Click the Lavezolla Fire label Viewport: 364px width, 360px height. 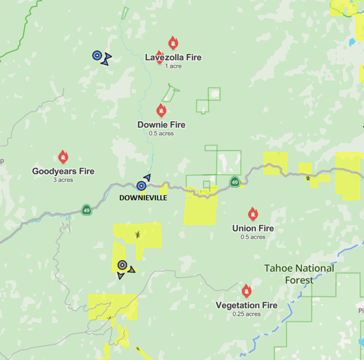tap(173, 58)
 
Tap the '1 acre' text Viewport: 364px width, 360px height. tap(173, 66)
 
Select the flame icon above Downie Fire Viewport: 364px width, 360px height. tap(161, 110)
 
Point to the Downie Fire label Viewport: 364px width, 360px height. tap(161, 125)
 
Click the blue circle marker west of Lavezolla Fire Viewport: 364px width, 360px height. tap(97, 55)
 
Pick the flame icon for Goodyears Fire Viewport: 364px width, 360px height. tap(63, 157)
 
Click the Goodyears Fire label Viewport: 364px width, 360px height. tap(63, 171)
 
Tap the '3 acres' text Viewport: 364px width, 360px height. tap(63, 180)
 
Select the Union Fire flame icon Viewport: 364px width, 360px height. tap(253, 214)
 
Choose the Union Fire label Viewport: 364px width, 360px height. tap(253, 228)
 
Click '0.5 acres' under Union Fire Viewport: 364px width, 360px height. tap(253, 237)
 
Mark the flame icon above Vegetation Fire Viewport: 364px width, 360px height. tap(246, 291)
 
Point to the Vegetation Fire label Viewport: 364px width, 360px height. tap(246, 305)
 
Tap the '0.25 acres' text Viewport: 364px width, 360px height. tap(246, 314)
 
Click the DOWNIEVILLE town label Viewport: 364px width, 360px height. tap(143, 198)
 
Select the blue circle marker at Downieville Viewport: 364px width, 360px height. tap(141, 186)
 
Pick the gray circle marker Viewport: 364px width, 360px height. tap(122, 265)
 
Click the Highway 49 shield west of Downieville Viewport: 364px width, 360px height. tap(86, 209)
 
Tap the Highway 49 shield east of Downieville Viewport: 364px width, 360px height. tap(234, 182)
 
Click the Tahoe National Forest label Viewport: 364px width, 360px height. tap(299, 274)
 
